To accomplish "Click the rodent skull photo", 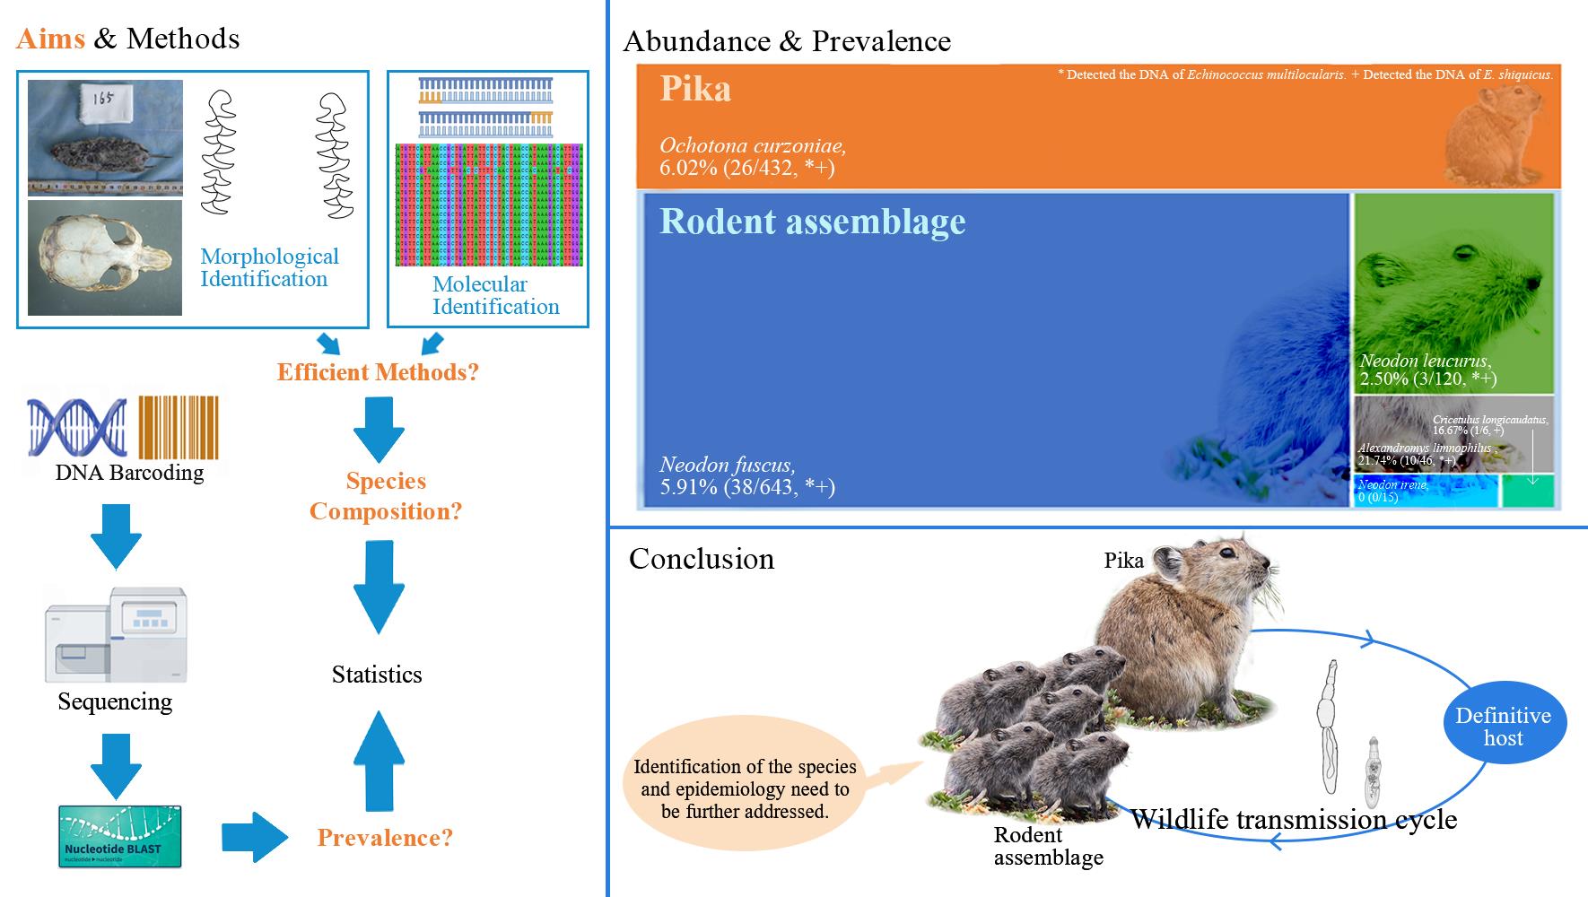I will coord(104,257).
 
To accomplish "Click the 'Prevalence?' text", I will coord(385,839).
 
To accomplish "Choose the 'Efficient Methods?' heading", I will coord(378,372).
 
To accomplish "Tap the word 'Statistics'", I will coord(377,675).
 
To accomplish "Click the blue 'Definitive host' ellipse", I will coord(1503,727).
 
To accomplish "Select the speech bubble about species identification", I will coord(745,789).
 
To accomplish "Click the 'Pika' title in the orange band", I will coord(695,89).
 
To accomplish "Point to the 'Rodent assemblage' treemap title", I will coord(813,222).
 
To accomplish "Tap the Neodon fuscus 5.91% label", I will coord(746,476).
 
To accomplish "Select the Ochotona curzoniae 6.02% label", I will coord(752,156).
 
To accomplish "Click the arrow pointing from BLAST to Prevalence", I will coord(255,838).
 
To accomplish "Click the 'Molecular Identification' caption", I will coord(495,295).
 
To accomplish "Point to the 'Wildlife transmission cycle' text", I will coord(1293,819).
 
